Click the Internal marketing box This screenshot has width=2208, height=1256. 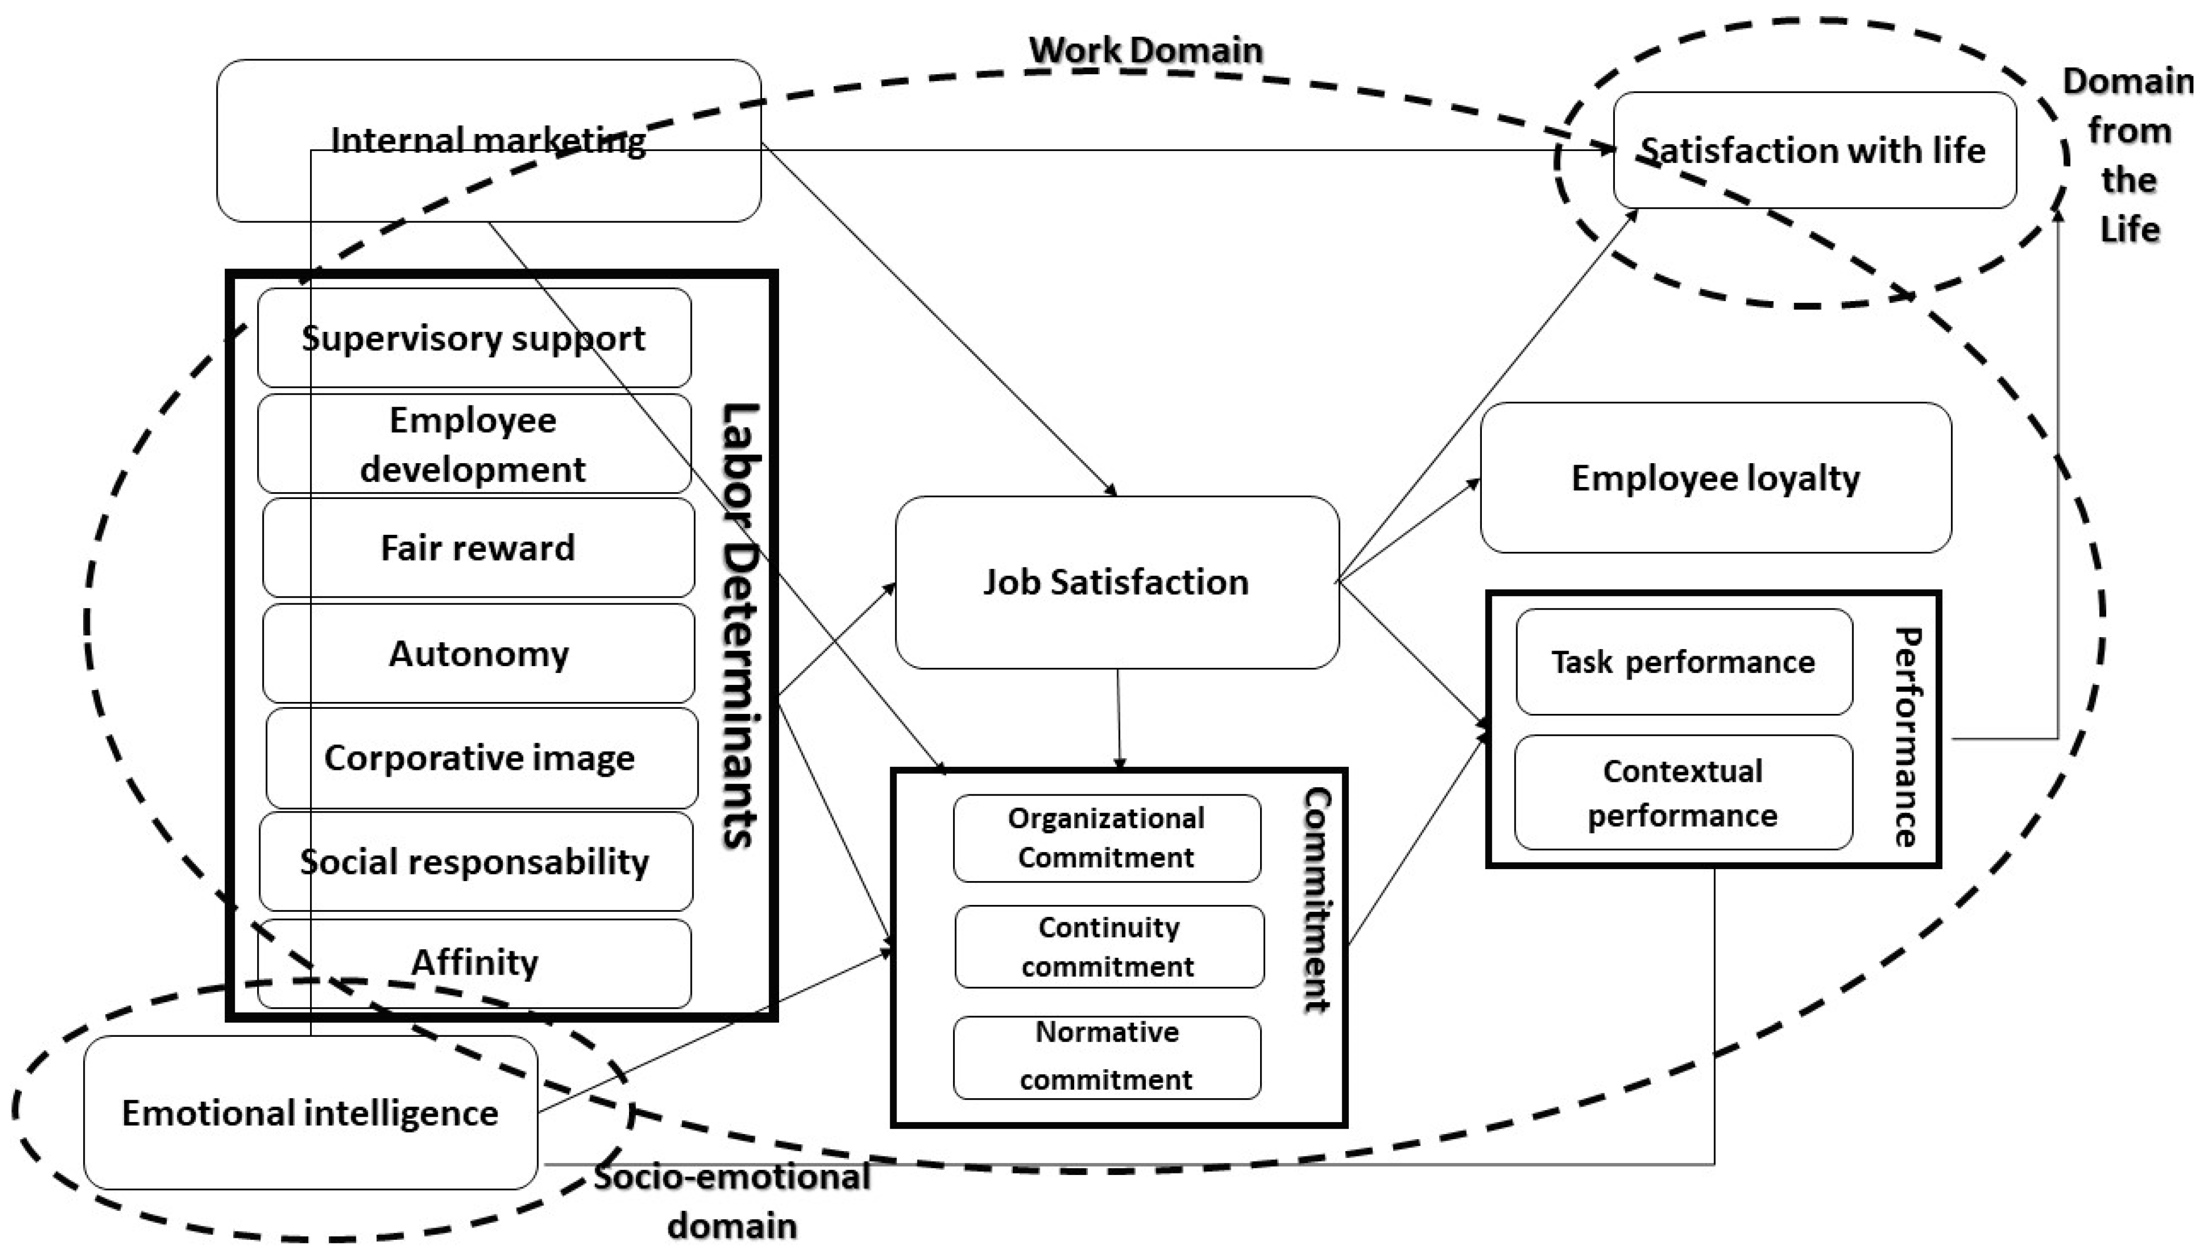tap(488, 141)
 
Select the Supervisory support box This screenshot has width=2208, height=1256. tap(474, 337)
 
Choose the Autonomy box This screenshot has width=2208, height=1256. tap(478, 653)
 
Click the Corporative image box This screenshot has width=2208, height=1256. tap(480, 758)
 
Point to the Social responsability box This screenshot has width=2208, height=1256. tap(475, 861)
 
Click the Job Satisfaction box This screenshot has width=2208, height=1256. tap(1117, 582)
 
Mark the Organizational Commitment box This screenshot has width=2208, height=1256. tap(1106, 838)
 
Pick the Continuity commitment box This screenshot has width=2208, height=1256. tap(1109, 947)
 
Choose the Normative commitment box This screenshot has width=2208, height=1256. tap(1106, 1057)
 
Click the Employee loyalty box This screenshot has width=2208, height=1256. tap(1715, 478)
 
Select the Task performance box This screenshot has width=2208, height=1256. tap(1683, 661)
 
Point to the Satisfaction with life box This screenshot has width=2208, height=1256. tap(1814, 150)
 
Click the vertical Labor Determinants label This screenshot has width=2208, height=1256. tap(740, 626)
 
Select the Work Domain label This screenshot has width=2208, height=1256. tap(1146, 50)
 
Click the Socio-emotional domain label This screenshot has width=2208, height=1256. tap(732, 1201)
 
